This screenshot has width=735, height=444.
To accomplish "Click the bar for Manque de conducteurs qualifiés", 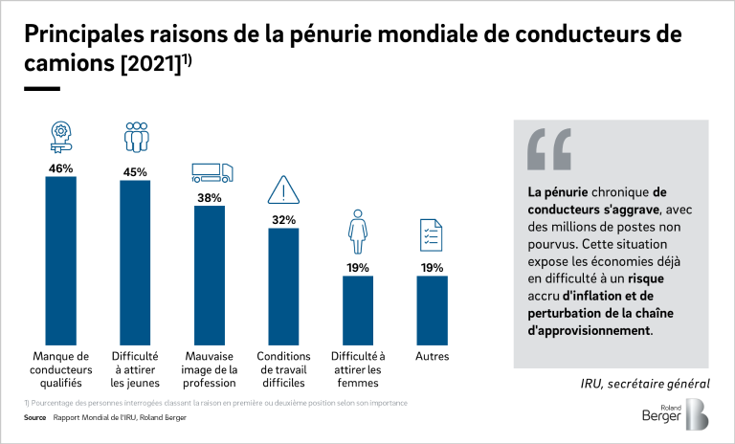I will point(61,259).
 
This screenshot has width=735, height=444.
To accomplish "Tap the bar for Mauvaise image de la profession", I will point(210,274).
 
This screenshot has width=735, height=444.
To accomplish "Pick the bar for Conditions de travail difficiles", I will point(283,284).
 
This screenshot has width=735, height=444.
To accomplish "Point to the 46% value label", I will point(61,168).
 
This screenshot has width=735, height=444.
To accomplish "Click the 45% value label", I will point(135,172).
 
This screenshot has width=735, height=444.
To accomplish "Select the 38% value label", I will point(210,197).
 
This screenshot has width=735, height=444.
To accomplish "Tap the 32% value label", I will point(283,219).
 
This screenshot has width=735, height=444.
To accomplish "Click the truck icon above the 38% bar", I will point(212,172).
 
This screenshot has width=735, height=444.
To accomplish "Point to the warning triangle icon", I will point(284,189).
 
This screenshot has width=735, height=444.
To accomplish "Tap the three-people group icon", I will point(136,138).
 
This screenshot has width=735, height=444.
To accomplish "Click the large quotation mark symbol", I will point(548,147).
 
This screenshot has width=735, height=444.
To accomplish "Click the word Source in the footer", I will point(35,418).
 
